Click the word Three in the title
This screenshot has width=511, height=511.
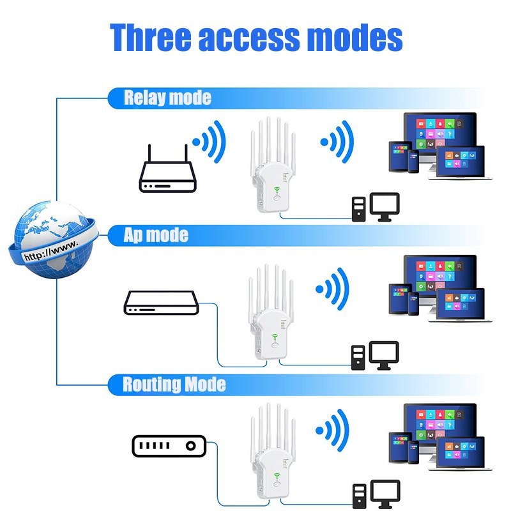click(x=150, y=38)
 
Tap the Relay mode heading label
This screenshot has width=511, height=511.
click(x=167, y=98)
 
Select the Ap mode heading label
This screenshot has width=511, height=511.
click(x=156, y=235)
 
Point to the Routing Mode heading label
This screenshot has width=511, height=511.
click(x=174, y=385)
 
